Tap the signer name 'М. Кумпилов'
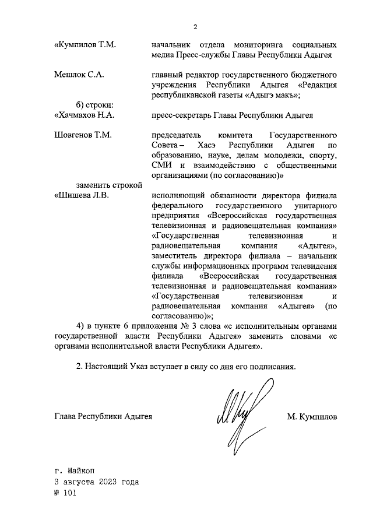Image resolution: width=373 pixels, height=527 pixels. [312, 417]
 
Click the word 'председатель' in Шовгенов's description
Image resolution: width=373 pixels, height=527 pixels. [177, 135]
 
